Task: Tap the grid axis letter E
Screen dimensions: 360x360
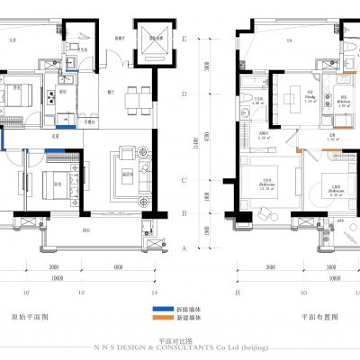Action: coord(184,40)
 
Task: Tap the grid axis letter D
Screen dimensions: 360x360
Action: coord(184,93)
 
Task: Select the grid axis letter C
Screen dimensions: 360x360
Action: coord(184,180)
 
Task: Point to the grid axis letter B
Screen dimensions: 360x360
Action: coord(184,213)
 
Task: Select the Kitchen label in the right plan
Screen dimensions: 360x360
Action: coord(343,100)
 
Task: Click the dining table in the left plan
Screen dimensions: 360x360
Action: coord(138,100)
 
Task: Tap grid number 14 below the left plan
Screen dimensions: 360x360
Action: coord(154,292)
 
